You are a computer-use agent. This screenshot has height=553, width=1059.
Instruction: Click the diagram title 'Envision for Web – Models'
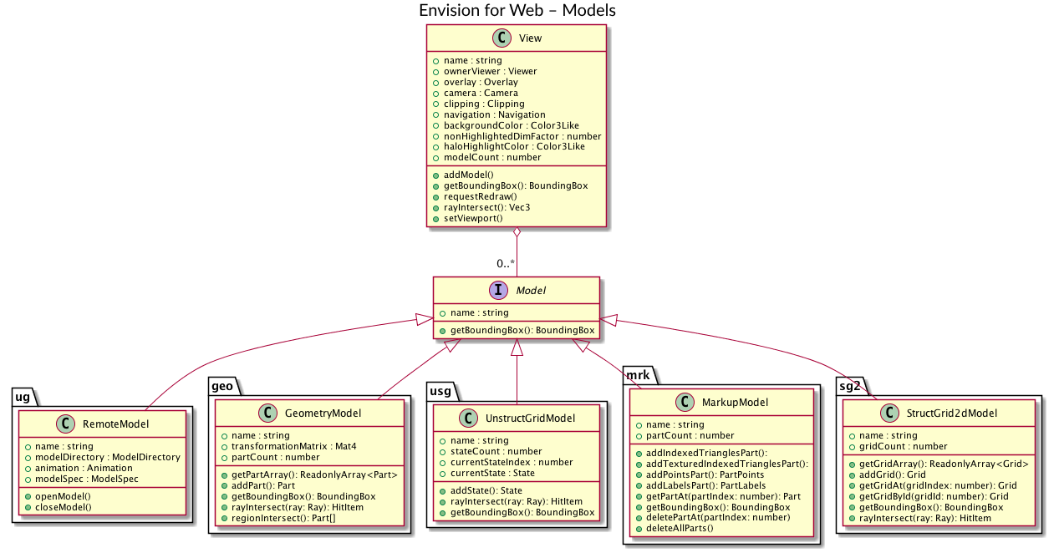(x=517, y=11)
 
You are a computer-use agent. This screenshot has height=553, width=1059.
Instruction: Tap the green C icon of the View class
(x=501, y=38)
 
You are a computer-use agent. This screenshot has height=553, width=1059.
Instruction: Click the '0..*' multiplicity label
(x=505, y=264)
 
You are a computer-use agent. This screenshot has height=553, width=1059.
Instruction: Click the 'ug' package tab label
(x=23, y=396)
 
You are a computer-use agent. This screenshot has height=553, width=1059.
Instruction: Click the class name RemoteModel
(x=115, y=424)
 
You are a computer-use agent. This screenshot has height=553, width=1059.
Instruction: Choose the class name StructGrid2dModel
(x=951, y=414)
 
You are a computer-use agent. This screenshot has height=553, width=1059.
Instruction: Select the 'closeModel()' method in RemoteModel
(x=64, y=507)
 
